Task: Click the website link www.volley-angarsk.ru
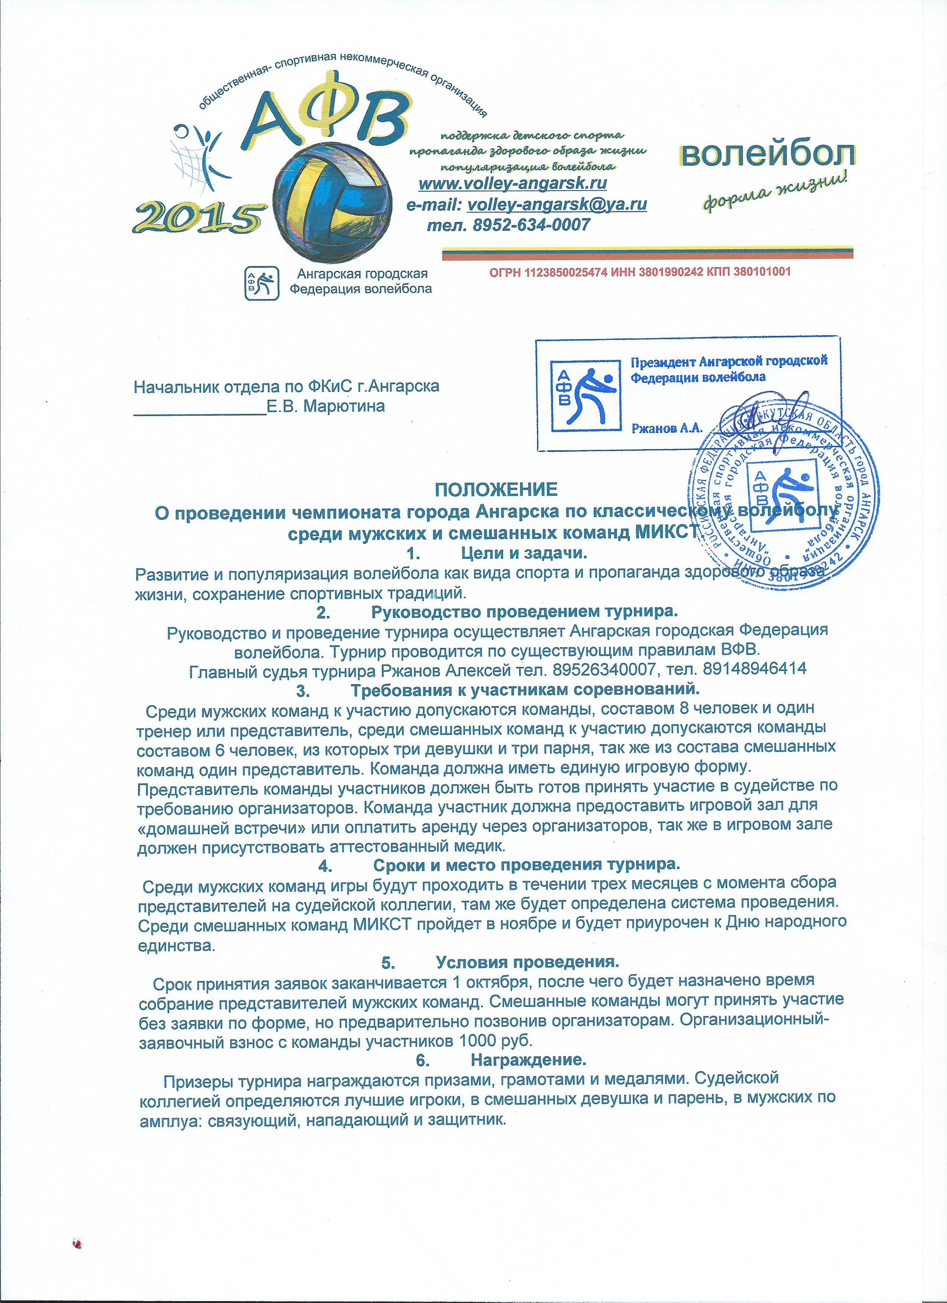click(x=513, y=184)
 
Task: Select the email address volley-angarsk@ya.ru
click(x=557, y=204)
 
